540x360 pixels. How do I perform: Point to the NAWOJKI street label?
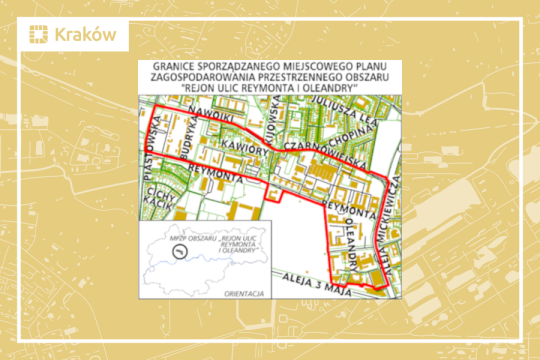click(190, 121)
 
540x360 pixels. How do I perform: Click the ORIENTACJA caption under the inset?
click(245, 295)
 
